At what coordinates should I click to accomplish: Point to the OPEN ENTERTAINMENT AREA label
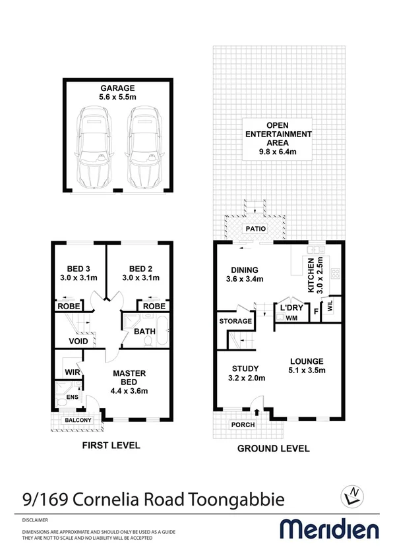pos(278,139)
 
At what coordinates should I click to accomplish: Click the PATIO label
pos(255,229)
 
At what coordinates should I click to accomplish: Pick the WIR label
pos(73,372)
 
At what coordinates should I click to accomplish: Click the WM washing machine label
pos(291,318)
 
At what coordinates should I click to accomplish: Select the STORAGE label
pos(235,321)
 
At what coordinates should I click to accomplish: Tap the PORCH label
pos(242,425)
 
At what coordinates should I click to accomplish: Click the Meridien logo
pos(330,529)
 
